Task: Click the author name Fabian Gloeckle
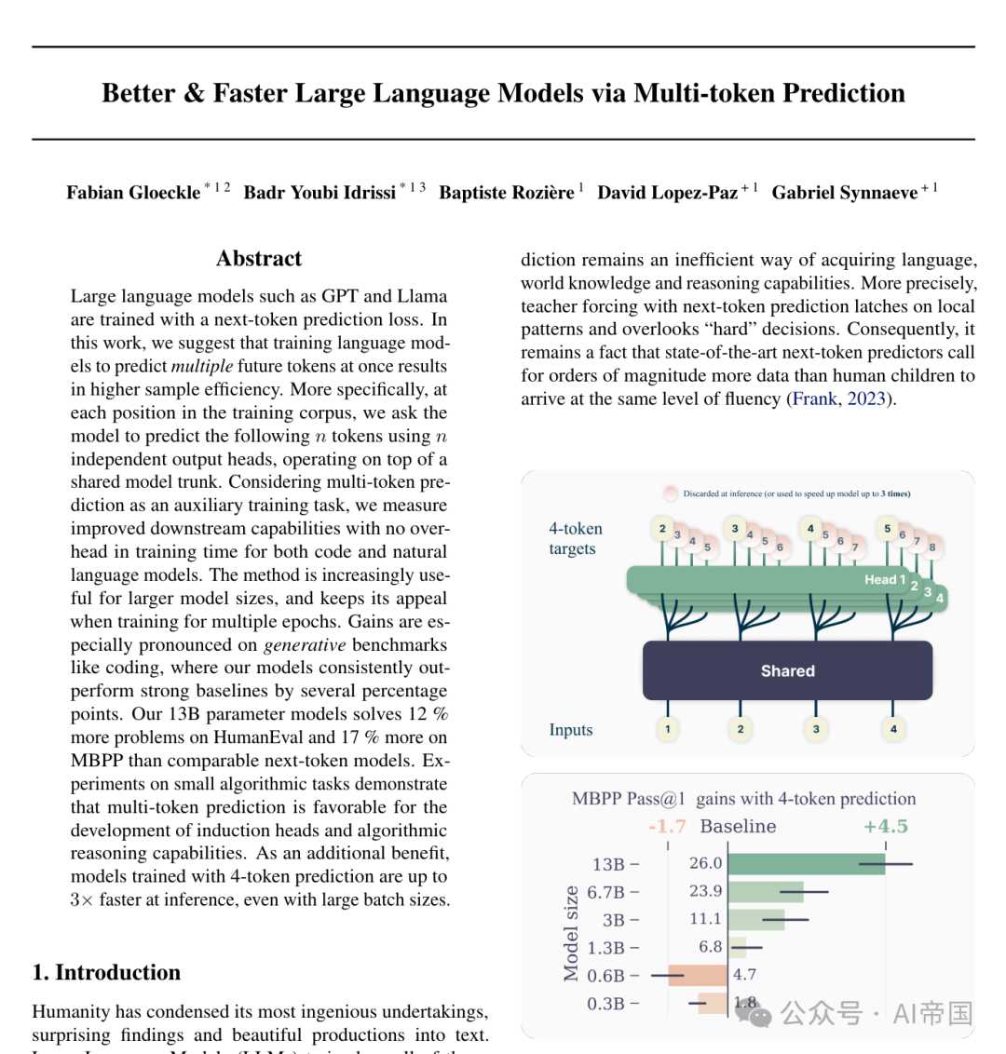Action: [x=133, y=193]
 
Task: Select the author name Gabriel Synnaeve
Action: [x=844, y=193]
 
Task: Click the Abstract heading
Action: [x=259, y=259]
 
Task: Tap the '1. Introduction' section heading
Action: [x=106, y=972]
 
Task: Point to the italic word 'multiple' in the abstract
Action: [x=202, y=366]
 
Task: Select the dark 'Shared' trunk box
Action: [x=787, y=670]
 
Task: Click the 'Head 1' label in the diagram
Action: [x=884, y=579]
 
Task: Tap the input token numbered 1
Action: [x=667, y=729]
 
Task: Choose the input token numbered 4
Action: [x=893, y=729]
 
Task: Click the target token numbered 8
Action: [x=931, y=547]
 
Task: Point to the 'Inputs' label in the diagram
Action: [x=570, y=730]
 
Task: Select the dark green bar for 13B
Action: [x=807, y=863]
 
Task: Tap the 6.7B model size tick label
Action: [x=606, y=892]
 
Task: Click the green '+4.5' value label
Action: [x=885, y=826]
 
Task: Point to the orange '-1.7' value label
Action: [x=667, y=826]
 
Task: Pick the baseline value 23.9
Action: [x=705, y=891]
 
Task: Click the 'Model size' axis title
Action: [x=570, y=933]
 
